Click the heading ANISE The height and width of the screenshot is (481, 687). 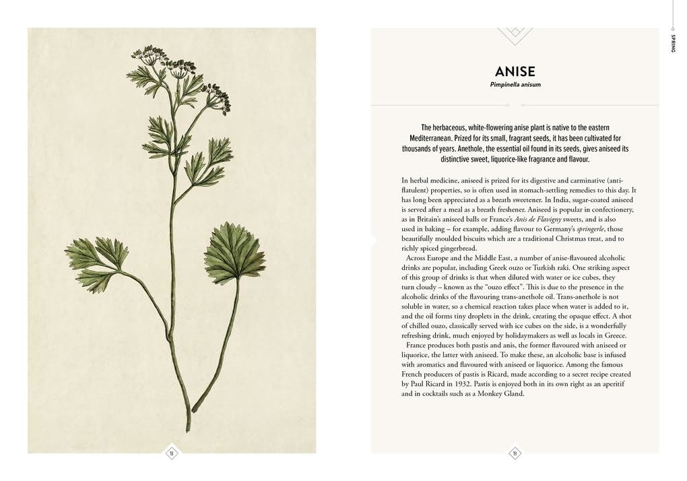pos(515,71)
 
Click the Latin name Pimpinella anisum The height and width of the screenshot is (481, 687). pos(515,85)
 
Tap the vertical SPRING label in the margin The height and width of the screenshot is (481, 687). pos(673,41)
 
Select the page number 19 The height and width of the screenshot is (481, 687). pos(515,453)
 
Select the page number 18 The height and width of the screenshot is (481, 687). pos(171,453)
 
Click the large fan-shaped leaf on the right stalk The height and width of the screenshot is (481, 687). pos(234,254)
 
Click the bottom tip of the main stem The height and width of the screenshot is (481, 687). pos(188,428)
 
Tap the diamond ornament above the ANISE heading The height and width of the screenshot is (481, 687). pos(515,35)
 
